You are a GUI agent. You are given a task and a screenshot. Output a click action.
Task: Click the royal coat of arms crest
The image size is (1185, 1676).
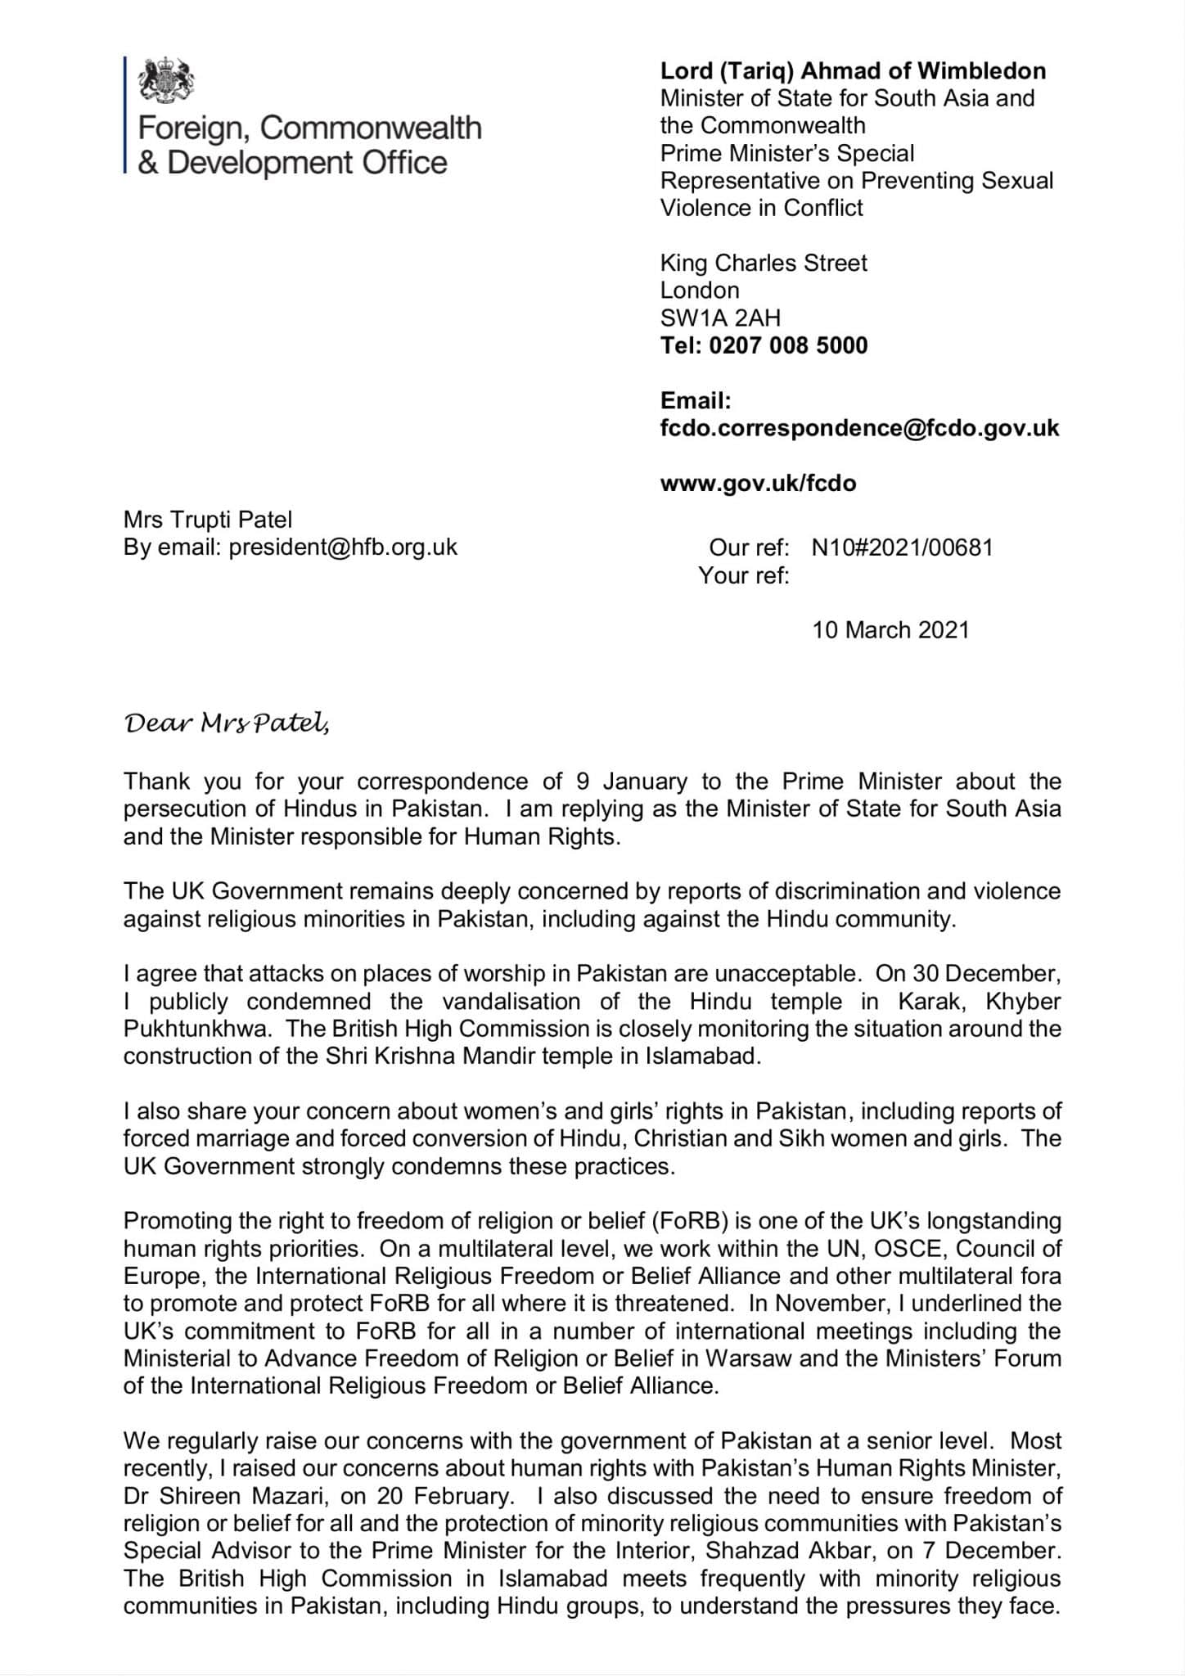coord(166,82)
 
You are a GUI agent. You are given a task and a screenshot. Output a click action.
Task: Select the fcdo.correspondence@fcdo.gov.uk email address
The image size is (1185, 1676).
coord(859,428)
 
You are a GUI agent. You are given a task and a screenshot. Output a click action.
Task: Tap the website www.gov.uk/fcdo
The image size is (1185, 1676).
coord(758,483)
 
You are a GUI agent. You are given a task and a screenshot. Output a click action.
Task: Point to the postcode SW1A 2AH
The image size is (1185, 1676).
coord(720,318)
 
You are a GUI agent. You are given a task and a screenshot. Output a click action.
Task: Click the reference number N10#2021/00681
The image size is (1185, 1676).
coord(902,547)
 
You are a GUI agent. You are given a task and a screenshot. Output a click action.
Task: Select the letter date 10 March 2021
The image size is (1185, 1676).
coord(890,630)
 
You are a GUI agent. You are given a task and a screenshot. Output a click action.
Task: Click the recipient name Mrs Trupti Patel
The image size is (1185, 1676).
coord(208,520)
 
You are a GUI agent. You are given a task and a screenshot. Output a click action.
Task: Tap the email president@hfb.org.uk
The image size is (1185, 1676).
coord(343,547)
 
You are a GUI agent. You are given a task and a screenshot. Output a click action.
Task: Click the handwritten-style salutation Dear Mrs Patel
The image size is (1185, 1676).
coord(227,724)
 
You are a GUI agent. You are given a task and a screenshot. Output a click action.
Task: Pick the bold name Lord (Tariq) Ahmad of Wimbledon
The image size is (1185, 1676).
coord(853,71)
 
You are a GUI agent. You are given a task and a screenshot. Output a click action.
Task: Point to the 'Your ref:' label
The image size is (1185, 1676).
coord(743,575)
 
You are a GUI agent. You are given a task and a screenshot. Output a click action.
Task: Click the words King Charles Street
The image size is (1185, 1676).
coord(763,263)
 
